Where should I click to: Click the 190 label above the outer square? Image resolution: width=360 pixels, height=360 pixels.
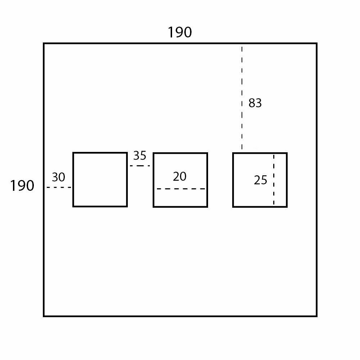pos(180,32)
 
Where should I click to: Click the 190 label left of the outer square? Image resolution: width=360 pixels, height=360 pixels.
pos(22,186)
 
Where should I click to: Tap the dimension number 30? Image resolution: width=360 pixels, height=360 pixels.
pos(58,177)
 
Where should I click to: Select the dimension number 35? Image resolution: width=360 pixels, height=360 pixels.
pos(140,156)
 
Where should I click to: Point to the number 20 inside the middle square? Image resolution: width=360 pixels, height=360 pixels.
pos(180,176)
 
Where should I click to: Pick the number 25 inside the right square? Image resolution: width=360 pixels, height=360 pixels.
pos(260,180)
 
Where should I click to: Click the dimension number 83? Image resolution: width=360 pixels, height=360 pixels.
pos(255,103)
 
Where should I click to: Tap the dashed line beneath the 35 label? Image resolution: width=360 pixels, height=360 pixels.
pos(140,166)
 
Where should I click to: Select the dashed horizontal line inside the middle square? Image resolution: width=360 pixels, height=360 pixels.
pos(181,189)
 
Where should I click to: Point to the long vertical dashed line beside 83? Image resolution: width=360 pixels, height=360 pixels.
pos(242,97)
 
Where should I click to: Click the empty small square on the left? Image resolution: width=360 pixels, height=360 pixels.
pos(100,179)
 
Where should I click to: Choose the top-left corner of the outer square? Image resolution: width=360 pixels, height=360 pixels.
pos(44,44)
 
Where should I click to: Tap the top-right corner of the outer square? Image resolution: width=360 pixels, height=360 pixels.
pos(316,44)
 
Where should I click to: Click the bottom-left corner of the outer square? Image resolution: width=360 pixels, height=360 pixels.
pos(44,316)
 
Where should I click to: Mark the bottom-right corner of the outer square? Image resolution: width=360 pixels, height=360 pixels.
pos(316,316)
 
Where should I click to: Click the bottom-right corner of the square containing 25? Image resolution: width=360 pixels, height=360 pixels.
pos(287,207)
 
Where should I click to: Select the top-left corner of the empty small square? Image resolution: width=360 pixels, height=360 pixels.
pos(73,153)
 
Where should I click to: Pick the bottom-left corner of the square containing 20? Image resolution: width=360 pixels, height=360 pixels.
pos(154,207)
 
